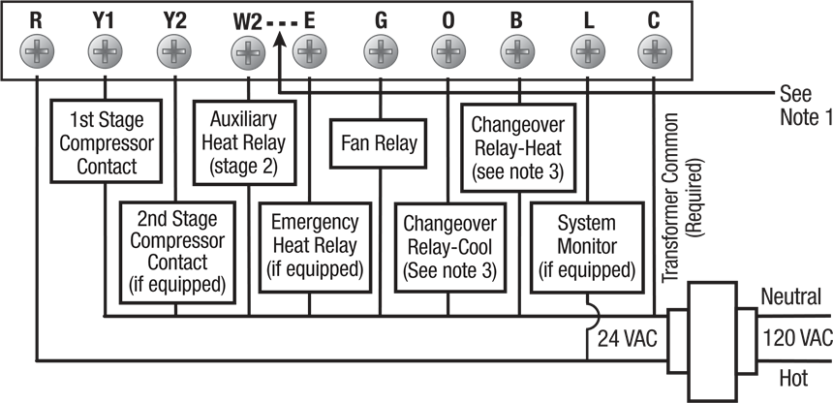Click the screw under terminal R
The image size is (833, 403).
pyautogui.click(x=37, y=52)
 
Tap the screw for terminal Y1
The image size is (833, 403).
pyautogui.click(x=105, y=52)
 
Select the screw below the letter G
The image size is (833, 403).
pyautogui.click(x=381, y=52)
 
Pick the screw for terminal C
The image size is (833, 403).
pyautogui.click(x=655, y=52)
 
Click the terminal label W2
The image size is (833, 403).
pyautogui.click(x=248, y=23)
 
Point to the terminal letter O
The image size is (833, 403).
pyautogui.click(x=447, y=20)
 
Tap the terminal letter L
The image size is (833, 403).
pyautogui.click(x=588, y=20)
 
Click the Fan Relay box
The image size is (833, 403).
pyautogui.click(x=379, y=143)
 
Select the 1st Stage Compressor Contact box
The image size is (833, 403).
pyautogui.click(x=107, y=141)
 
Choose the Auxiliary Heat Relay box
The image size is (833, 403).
pyautogui.click(x=244, y=142)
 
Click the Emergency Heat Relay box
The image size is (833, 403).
pyautogui.click(x=315, y=247)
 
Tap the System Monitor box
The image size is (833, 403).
pyautogui.click(x=587, y=247)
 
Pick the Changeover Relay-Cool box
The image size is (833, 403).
pyautogui.click(x=450, y=247)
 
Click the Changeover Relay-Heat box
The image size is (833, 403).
pyautogui.click(x=517, y=147)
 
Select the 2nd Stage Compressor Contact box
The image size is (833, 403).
pyautogui.click(x=177, y=253)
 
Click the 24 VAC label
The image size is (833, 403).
pyautogui.click(x=628, y=338)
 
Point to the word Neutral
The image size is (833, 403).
pyautogui.click(x=791, y=296)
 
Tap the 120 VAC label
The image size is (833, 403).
pyautogui.click(x=797, y=338)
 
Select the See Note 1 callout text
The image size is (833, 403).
pyautogui.click(x=805, y=106)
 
